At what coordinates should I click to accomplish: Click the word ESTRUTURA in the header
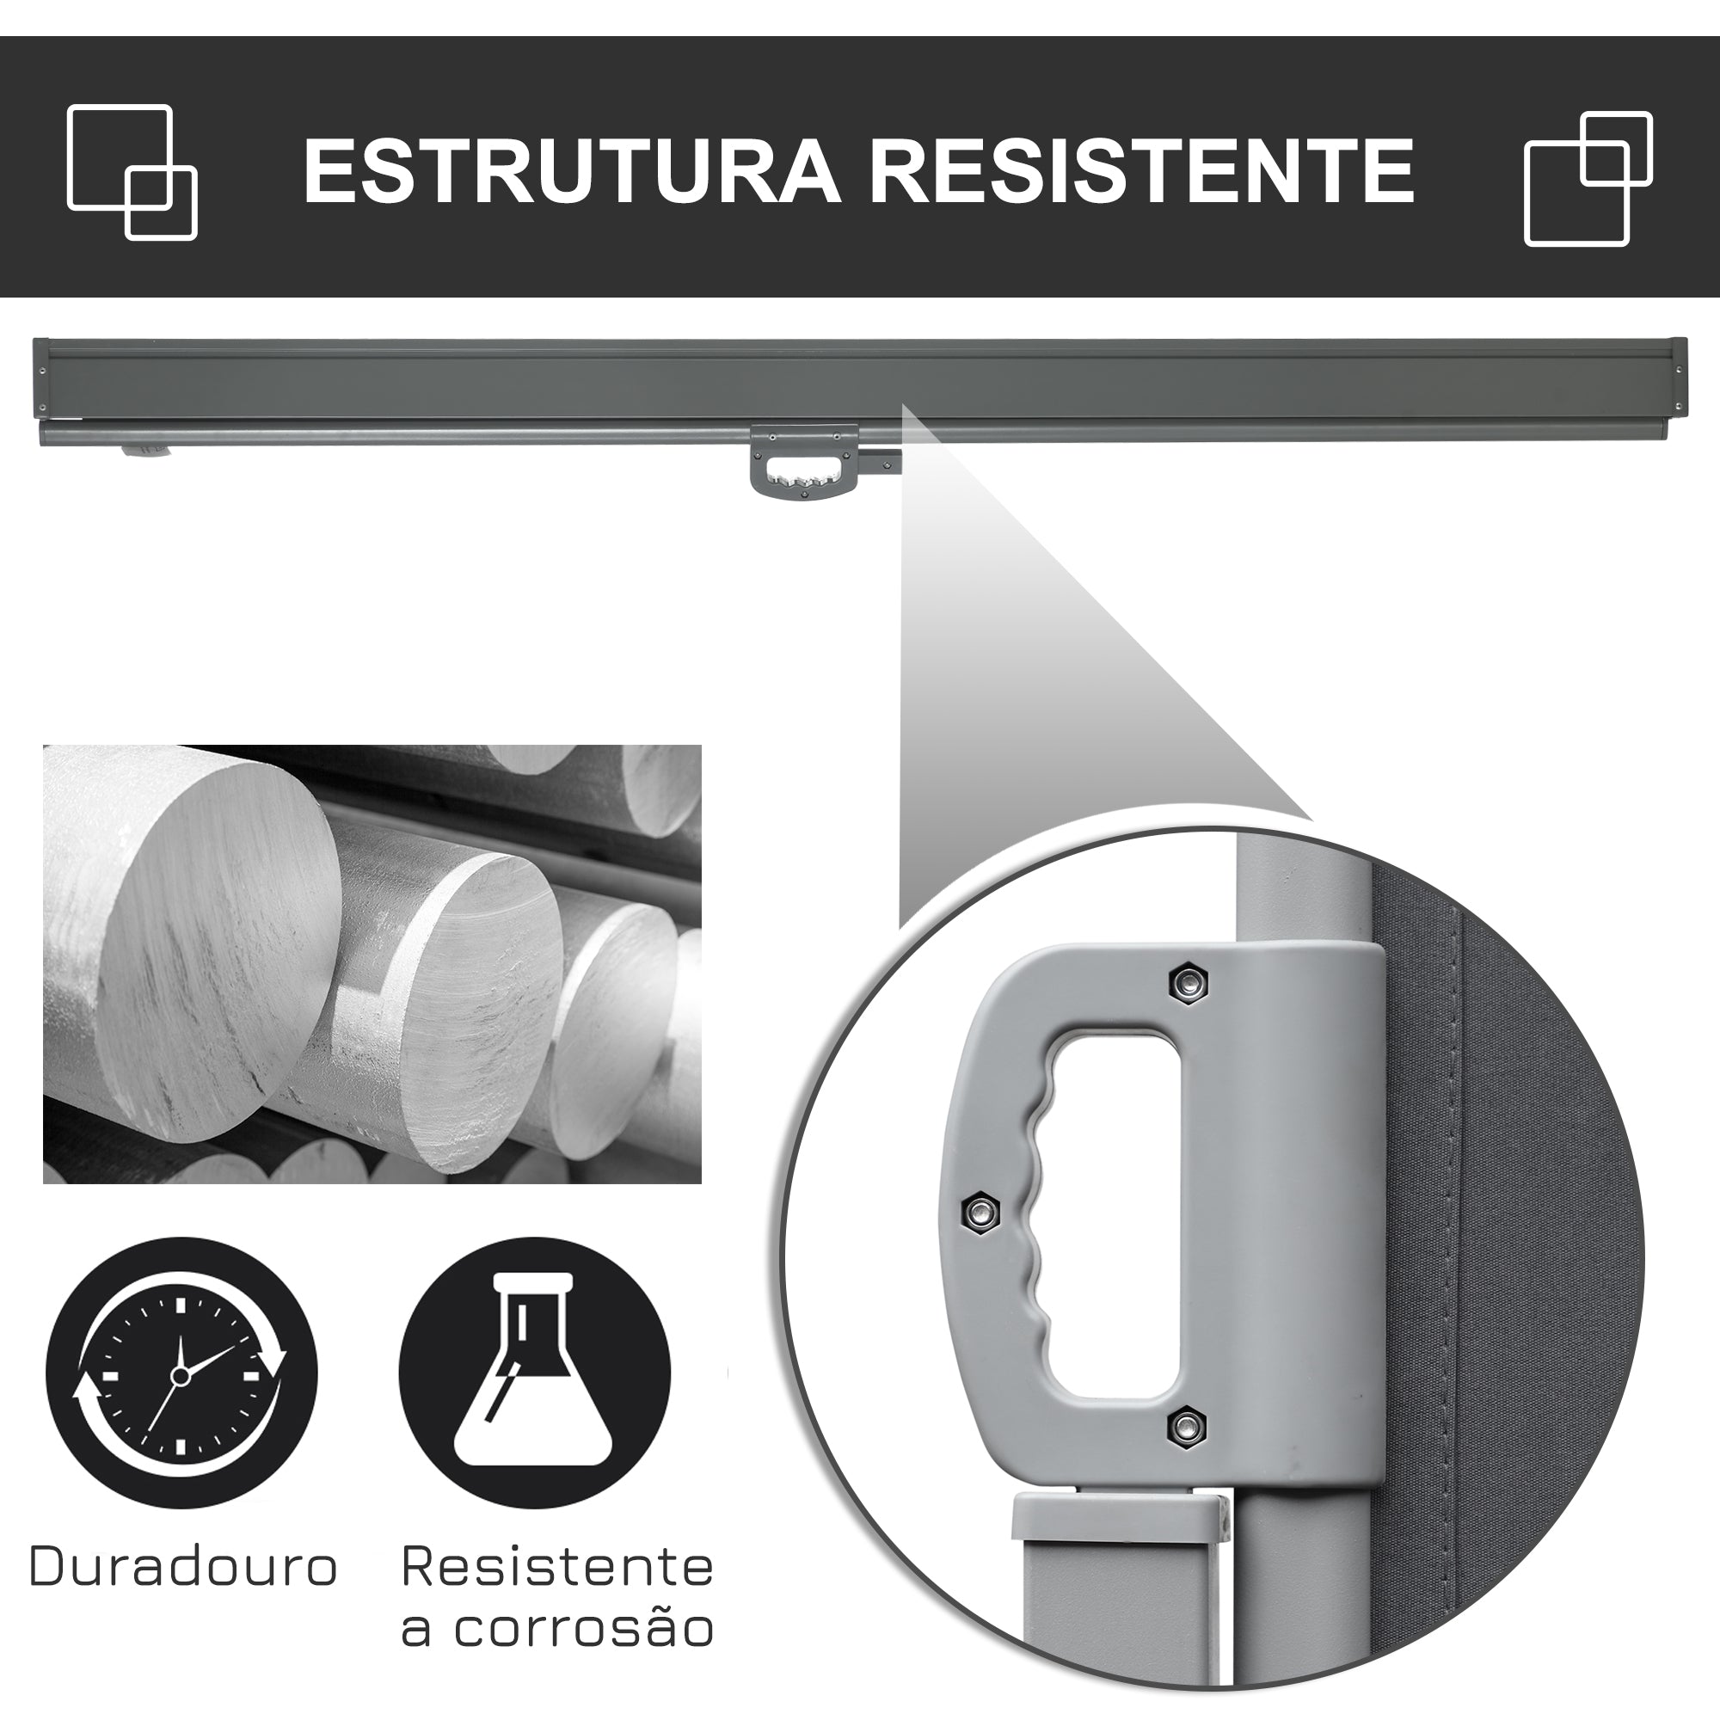click(x=572, y=170)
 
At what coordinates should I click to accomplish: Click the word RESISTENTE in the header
click(x=1141, y=170)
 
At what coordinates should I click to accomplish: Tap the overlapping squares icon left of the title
click(x=132, y=172)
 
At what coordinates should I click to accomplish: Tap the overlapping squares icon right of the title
click(x=1588, y=178)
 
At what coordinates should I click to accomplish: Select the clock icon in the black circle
click(x=181, y=1400)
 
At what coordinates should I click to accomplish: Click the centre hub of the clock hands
click(x=181, y=1400)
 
